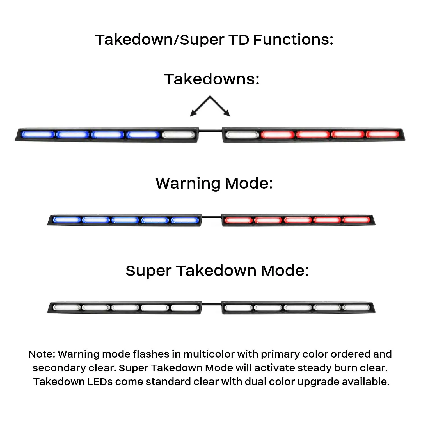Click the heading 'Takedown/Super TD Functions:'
pyautogui.click(x=214, y=40)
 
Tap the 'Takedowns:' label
pyautogui.click(x=212, y=79)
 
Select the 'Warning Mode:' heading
pyautogui.click(x=214, y=183)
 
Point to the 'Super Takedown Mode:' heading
pyautogui.click(x=217, y=271)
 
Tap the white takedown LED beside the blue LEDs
pyautogui.click(x=179, y=135)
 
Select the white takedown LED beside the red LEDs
pyautogui.click(x=242, y=135)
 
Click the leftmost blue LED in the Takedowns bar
pyautogui.click(x=38, y=134)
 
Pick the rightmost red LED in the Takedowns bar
pyautogui.click(x=382, y=134)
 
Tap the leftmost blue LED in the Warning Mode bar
pyautogui.click(x=67, y=220)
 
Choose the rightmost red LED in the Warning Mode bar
pyautogui.click(x=356, y=220)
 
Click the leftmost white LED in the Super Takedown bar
pyautogui.click(x=67, y=307)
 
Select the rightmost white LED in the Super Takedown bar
pyautogui.click(x=356, y=307)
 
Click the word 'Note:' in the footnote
pyautogui.click(x=42, y=354)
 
